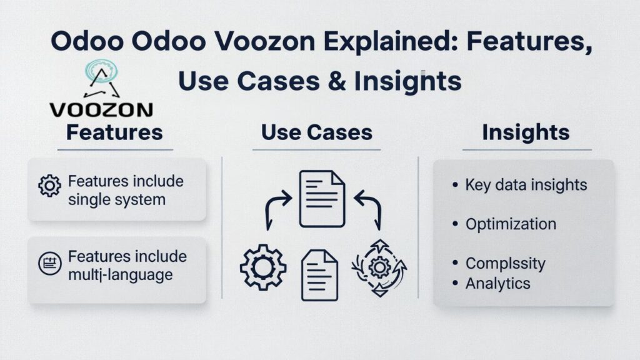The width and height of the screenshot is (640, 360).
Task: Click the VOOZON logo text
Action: [101, 109]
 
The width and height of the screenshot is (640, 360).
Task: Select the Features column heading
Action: [114, 132]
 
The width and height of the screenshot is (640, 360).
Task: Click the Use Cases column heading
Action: [316, 132]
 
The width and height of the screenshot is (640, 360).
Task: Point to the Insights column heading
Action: [526, 132]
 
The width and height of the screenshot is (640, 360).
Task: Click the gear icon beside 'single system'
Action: [49, 186]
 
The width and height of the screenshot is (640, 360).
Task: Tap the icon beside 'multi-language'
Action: [49, 264]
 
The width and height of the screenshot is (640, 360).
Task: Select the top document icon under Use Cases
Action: [322, 199]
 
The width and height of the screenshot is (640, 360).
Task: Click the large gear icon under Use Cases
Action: [263, 267]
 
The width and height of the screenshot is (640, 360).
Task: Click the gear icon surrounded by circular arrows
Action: [379, 267]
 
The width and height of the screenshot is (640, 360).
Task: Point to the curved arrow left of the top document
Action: [276, 209]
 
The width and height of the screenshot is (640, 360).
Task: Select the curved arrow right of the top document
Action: [369, 209]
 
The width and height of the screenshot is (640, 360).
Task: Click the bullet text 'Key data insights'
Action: [526, 185]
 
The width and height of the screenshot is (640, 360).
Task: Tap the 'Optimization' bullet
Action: [511, 224]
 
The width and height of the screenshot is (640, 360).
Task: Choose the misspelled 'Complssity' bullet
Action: [505, 263]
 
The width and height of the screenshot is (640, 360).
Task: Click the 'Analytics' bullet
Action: [497, 283]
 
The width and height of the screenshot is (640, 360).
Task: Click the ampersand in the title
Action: [341, 81]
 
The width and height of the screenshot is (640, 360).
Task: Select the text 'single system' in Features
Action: [117, 200]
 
